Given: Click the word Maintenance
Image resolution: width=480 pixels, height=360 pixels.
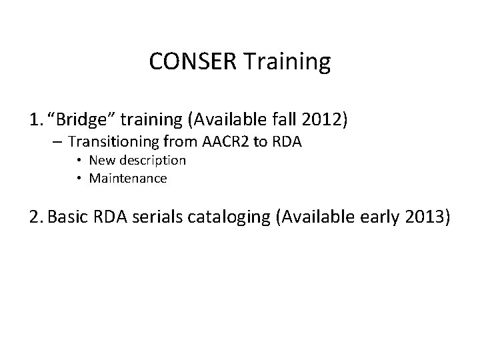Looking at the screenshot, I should pos(128,178).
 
